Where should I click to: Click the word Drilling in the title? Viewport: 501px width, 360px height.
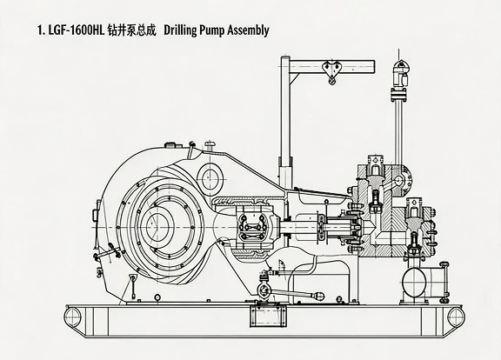point(180,30)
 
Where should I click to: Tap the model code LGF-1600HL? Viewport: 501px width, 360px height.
point(77,30)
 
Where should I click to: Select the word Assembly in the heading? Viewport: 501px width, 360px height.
point(248,30)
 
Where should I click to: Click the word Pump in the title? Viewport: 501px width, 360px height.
point(211,31)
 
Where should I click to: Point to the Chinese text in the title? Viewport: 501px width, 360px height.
point(131,30)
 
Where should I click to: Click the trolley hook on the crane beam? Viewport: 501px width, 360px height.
point(332,72)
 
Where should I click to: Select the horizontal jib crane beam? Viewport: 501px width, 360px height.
point(332,66)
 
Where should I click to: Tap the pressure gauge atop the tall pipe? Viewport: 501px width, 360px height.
point(400,73)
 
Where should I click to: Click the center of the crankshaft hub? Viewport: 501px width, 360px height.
point(157,226)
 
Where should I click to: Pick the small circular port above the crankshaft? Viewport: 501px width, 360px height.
point(210,179)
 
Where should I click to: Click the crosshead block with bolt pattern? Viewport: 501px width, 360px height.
point(254,227)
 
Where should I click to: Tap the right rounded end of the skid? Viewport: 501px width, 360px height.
point(455,317)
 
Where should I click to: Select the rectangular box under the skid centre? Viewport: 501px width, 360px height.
point(268,316)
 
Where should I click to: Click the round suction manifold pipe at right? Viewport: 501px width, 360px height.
point(415,282)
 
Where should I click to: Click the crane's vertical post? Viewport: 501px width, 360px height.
point(285,123)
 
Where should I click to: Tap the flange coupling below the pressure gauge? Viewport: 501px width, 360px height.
point(398,95)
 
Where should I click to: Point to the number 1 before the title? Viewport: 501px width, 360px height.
point(40,31)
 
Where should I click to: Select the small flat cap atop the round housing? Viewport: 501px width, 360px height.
point(171,145)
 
